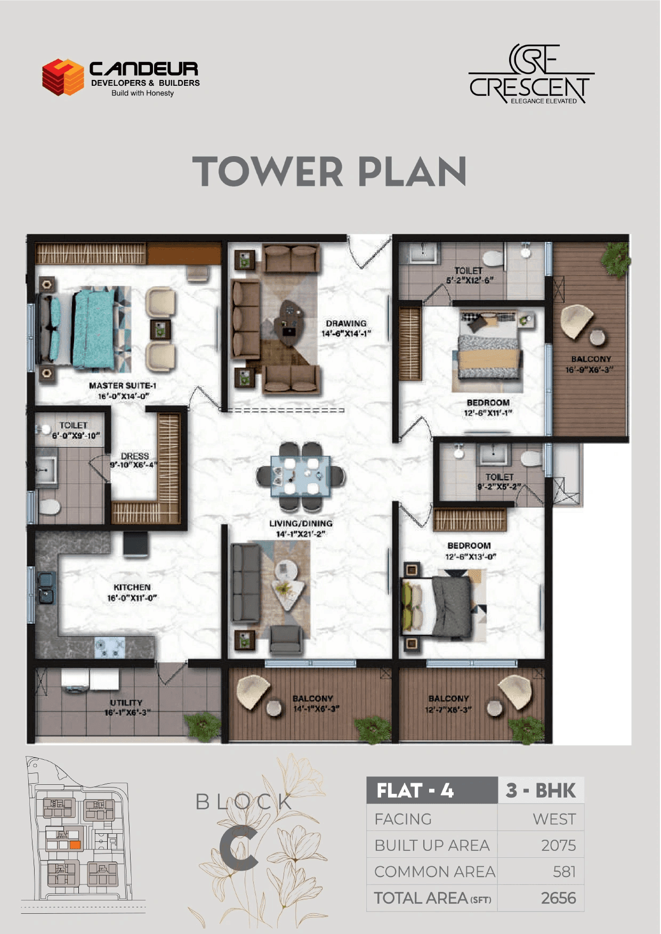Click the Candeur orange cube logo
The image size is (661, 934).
pyautogui.click(x=63, y=77)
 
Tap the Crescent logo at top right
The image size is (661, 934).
pyautogui.click(x=531, y=75)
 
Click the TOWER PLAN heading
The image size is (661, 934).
pyautogui.click(x=329, y=172)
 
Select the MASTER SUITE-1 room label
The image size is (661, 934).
pyautogui.click(x=123, y=386)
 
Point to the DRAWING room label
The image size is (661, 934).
pyautogui.click(x=346, y=323)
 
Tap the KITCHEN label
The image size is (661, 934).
pyautogui.click(x=132, y=587)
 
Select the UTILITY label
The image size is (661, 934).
pyautogui.click(x=126, y=703)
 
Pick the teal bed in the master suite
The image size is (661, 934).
pyautogui.click(x=94, y=328)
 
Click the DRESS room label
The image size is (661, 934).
pyautogui.click(x=134, y=456)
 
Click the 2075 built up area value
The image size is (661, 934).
pyautogui.click(x=558, y=846)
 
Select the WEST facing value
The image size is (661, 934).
pyautogui.click(x=554, y=819)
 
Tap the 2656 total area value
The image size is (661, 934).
pyautogui.click(x=558, y=898)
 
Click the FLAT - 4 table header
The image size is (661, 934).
pyautogui.click(x=415, y=791)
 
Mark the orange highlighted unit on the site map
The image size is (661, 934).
pyautogui.click(x=75, y=845)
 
